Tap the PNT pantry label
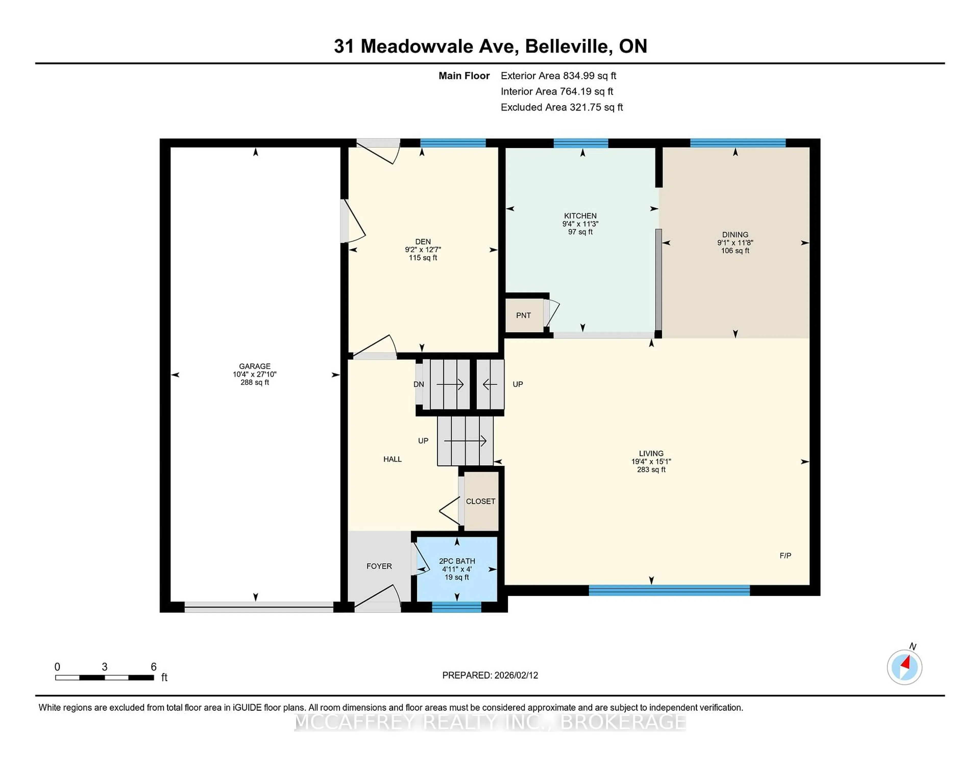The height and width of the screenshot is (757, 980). coord(523,315)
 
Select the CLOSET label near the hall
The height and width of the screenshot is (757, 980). coord(480,501)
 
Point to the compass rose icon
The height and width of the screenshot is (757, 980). coord(904,667)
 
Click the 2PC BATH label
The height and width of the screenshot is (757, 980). coord(457,561)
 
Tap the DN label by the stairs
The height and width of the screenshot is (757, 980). coord(418,384)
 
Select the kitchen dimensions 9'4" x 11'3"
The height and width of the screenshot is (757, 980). coord(580,224)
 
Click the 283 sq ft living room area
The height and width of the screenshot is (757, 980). coord(651,470)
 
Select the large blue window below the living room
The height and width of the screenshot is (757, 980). coord(669,590)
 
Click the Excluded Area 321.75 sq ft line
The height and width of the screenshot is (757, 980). coord(561,107)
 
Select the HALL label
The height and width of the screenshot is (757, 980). coord(392,459)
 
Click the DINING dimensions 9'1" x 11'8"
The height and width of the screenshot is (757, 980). coord(735,243)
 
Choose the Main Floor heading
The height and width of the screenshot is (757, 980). coord(464,76)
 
